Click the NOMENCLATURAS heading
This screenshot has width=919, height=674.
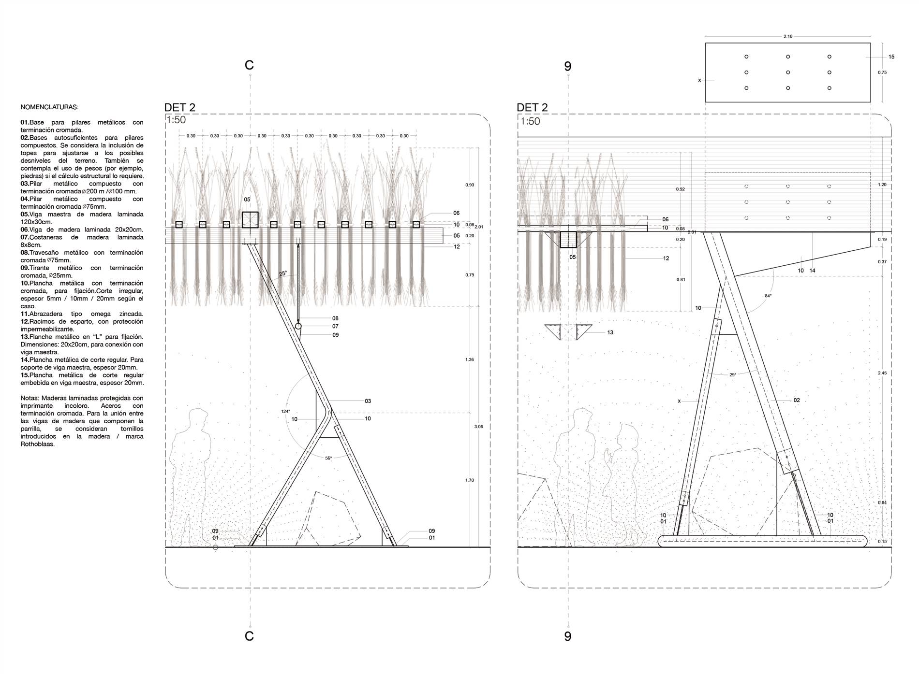[x=49, y=107]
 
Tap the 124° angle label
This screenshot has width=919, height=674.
[x=285, y=411]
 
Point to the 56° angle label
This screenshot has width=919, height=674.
[x=328, y=458]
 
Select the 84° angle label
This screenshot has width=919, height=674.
[x=768, y=296]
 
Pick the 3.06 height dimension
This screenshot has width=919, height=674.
[x=478, y=427]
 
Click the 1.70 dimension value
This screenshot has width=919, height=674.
[x=469, y=480]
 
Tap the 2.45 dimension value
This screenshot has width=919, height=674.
[x=882, y=373]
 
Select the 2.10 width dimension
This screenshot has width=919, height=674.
[x=788, y=36]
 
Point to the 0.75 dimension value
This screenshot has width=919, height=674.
[x=882, y=72]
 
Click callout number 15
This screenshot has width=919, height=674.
[x=891, y=57]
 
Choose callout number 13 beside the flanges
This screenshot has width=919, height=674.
[x=610, y=332]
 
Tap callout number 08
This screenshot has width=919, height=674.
[x=335, y=318]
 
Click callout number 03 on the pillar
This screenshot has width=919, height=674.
[x=368, y=401]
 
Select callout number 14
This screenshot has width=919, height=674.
[x=813, y=271]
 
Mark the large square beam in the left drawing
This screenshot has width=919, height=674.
[x=250, y=220]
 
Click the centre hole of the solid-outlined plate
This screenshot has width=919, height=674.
[x=788, y=72]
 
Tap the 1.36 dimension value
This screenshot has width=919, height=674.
[x=469, y=359]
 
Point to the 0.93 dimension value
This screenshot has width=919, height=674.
[x=469, y=185]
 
